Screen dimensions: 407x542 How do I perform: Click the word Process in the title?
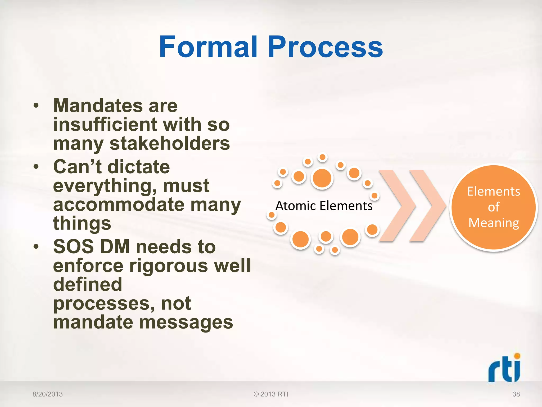325,47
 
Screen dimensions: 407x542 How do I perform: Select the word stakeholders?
170,143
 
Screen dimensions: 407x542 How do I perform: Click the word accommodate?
119,205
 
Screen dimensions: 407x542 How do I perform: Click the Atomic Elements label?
324,206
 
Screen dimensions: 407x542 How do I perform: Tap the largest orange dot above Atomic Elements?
322,178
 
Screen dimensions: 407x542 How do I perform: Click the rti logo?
504,369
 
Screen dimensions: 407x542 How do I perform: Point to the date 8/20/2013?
48,394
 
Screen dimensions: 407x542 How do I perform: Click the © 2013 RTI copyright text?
271,394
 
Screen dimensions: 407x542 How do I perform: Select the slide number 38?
516,394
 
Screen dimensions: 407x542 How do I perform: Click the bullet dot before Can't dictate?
36,167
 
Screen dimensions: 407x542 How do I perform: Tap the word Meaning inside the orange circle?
494,223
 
